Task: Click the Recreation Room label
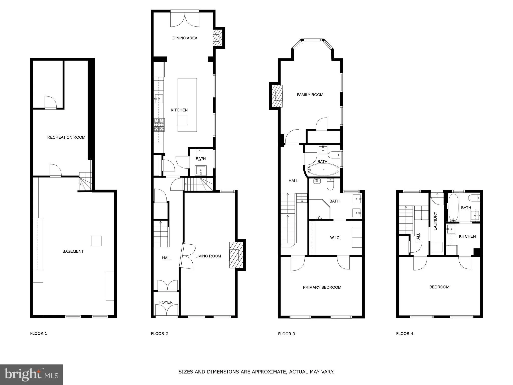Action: tap(66, 137)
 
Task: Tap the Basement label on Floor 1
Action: tap(73, 251)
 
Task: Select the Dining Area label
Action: tap(185, 38)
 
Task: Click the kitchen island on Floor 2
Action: tap(187, 105)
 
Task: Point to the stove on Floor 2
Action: tap(159, 125)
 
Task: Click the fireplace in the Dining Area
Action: tap(217, 38)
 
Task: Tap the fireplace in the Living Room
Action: tap(236, 255)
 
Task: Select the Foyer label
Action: tap(166, 302)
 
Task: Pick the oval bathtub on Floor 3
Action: tap(323, 170)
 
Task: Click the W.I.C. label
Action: tap(335, 238)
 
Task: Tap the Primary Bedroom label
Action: tap(322, 287)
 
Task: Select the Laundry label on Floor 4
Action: tap(435, 221)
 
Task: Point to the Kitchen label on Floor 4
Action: tap(467, 236)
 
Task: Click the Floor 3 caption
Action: tap(286, 334)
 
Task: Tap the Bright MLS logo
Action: tap(31, 374)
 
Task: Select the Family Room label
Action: tap(310, 95)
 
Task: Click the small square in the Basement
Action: tap(96, 241)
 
